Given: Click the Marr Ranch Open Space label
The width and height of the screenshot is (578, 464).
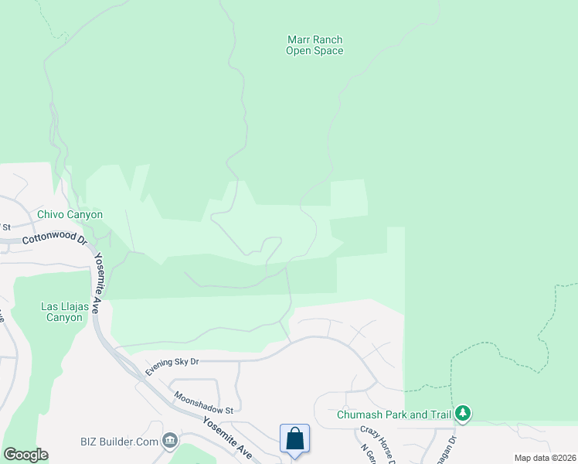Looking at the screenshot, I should tap(314, 45).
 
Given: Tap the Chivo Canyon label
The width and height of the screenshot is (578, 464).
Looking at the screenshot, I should tap(70, 214).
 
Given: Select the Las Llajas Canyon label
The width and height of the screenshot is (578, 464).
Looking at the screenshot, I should tap(62, 312).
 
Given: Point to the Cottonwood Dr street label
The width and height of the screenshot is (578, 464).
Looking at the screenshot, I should tap(54, 240).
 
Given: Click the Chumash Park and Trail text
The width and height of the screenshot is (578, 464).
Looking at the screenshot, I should tap(393, 415).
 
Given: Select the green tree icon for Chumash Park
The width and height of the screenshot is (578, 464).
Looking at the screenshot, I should tap(463, 414).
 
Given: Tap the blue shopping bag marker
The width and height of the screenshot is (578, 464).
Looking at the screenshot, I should tap(294, 439).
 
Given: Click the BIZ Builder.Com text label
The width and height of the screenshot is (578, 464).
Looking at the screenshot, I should tap(119, 442).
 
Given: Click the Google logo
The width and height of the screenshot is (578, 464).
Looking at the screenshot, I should tap(25, 455).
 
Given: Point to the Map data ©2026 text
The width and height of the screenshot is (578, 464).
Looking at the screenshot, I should tap(545, 458).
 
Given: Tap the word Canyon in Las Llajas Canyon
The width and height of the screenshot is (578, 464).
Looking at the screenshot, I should tap(62, 317).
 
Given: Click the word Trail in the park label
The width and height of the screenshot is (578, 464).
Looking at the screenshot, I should tap(438, 415).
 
